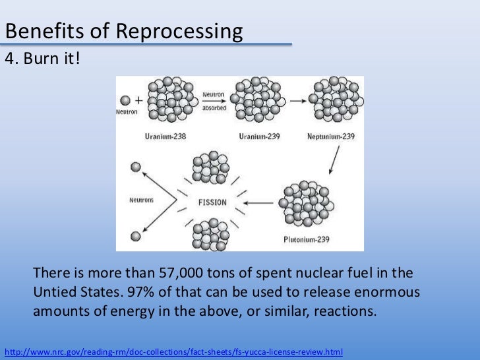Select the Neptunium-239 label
pos(330,136)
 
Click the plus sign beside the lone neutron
pos(138,101)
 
